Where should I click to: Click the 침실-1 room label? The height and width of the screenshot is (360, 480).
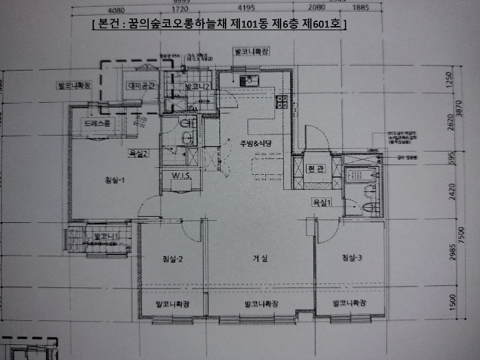coord(114,180)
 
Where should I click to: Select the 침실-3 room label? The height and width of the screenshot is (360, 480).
coord(350,258)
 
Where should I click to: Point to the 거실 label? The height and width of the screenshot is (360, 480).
coord(260,259)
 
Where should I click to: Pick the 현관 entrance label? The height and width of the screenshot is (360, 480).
coord(315,169)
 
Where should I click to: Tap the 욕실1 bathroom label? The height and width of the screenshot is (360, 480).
coord(322,202)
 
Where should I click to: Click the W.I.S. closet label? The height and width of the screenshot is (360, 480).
coord(181,176)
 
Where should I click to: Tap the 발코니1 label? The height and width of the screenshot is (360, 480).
coord(106,237)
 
